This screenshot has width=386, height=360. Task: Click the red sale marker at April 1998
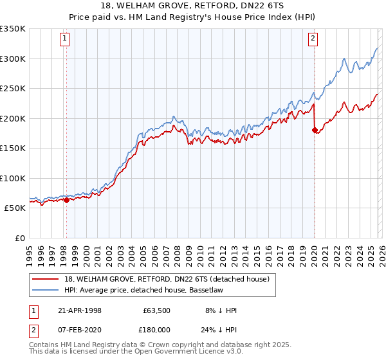point(66,200)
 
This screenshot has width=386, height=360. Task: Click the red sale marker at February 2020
point(315,130)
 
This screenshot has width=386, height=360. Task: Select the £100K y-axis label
point(13,178)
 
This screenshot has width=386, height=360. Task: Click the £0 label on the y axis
point(20,238)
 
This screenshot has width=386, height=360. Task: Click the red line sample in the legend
point(46,278)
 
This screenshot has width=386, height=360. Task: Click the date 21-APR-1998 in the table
point(80,310)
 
